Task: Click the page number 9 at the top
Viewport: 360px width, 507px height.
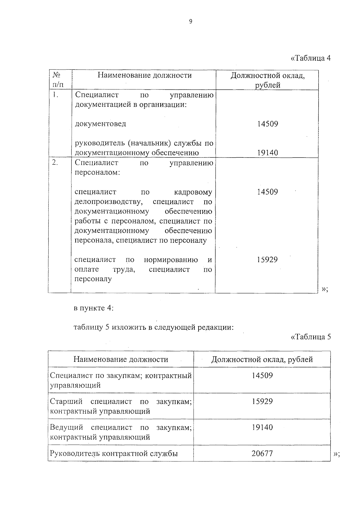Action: [x=191, y=21]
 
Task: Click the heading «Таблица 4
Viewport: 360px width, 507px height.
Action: [x=311, y=58]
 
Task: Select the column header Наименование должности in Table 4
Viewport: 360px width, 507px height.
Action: [x=145, y=75]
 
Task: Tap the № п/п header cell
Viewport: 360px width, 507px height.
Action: [x=58, y=80]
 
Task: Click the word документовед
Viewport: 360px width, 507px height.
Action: [x=100, y=124]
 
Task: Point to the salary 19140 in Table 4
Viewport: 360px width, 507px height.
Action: [x=268, y=153]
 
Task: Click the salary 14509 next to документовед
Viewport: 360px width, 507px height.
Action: [x=268, y=124]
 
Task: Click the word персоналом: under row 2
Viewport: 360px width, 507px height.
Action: [x=97, y=172]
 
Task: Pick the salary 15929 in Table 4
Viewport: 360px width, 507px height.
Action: [x=267, y=259]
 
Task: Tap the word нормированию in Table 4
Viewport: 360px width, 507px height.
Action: [x=171, y=259]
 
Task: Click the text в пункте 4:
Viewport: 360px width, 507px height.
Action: [x=94, y=308]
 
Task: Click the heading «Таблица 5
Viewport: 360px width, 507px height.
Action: [x=311, y=337]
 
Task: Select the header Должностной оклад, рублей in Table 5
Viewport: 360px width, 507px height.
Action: [x=262, y=359]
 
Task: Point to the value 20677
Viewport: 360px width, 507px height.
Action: [x=262, y=453]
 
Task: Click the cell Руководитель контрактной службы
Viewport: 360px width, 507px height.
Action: [x=114, y=453]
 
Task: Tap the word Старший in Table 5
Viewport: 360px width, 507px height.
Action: [x=66, y=401]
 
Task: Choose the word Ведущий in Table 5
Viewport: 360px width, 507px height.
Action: [x=66, y=427]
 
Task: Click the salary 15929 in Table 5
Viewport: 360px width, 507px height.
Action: [x=262, y=401]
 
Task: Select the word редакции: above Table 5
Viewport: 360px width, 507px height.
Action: [x=215, y=327]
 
